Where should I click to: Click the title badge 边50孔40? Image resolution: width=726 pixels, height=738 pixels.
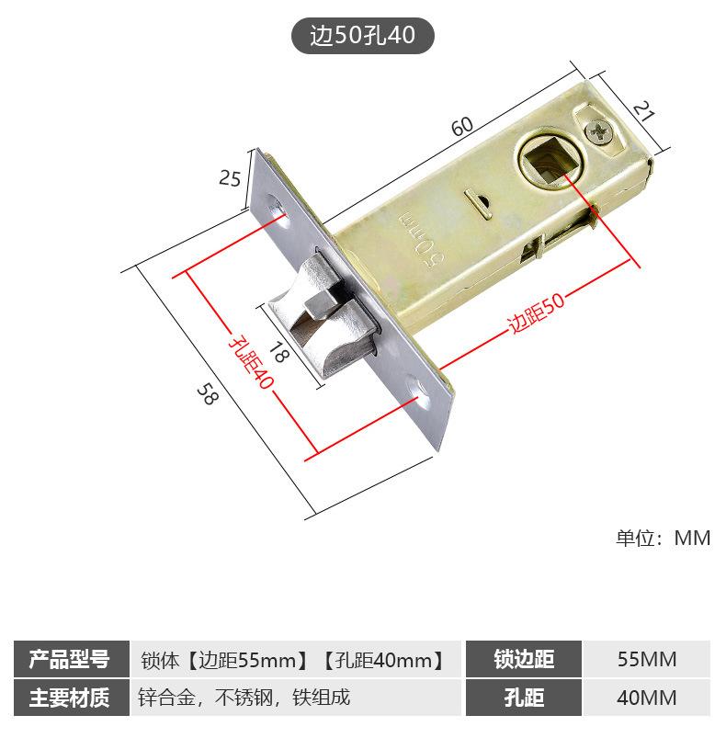coord(363,36)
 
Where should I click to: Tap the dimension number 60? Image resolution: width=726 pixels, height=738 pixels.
coord(462,126)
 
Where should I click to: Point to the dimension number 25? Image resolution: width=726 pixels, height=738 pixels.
coord(230,178)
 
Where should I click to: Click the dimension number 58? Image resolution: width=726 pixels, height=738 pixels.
coord(208,393)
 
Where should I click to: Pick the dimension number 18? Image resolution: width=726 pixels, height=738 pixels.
coord(278,352)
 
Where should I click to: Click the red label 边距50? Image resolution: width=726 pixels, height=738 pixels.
coord(536,313)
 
